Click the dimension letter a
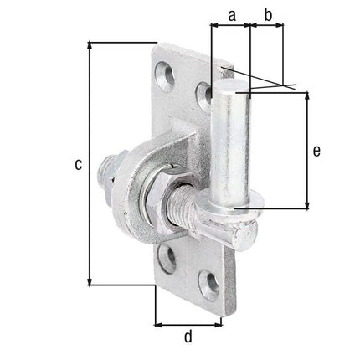(230, 13)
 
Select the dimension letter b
(269, 13)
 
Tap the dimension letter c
(77, 165)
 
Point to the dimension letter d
(188, 337)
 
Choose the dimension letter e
(316, 151)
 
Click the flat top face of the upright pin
(234, 85)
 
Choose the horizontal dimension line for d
(188, 322)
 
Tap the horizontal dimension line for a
(230, 26)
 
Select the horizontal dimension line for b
(269, 26)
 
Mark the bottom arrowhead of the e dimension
(306, 205)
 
